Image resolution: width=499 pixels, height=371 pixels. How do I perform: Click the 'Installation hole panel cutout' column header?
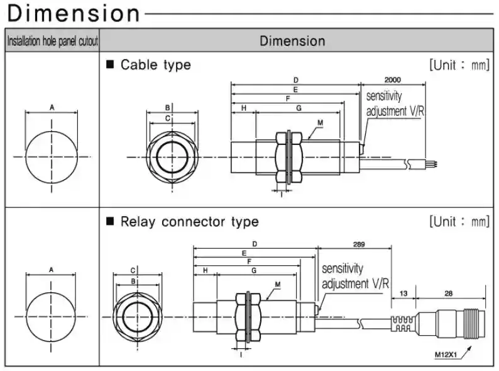(52, 42)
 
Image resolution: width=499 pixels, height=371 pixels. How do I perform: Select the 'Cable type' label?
(155, 64)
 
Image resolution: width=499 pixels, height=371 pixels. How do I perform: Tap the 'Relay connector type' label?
(189, 222)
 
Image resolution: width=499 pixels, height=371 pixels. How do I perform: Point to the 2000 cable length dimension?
(392, 80)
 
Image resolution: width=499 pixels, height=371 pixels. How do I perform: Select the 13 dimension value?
(403, 294)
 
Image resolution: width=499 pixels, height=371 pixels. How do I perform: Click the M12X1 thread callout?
(446, 355)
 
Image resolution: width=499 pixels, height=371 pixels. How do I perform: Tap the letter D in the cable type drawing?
(295, 80)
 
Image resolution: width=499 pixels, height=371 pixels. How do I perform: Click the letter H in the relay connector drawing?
(205, 270)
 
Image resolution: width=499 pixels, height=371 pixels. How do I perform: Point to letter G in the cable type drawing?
(299, 108)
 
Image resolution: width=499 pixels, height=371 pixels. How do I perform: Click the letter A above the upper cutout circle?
(52, 108)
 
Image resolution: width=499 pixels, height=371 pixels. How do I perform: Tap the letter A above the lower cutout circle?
(52, 270)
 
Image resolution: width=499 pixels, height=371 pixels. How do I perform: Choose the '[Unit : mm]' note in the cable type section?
(459, 64)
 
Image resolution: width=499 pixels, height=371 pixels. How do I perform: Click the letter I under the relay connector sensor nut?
(242, 355)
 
